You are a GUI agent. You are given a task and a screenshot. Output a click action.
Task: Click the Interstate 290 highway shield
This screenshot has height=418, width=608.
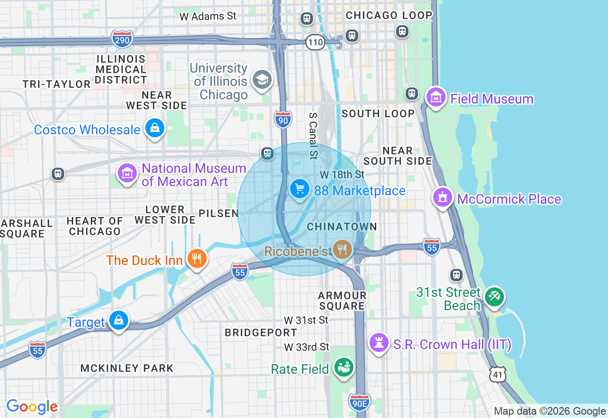point(122,40)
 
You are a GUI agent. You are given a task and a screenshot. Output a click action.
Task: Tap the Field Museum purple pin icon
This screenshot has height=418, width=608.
point(436,97)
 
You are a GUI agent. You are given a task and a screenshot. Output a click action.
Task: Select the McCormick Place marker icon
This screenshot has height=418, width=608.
point(443,197)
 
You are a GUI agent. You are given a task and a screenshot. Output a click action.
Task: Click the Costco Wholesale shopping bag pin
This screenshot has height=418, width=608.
point(154,128)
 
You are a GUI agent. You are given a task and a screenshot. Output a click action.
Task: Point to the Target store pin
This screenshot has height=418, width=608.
point(118,321)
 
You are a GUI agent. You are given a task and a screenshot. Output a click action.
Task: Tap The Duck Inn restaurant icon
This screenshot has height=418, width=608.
point(196,259)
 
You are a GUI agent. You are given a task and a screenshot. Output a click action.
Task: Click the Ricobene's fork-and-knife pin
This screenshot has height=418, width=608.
point(342,249)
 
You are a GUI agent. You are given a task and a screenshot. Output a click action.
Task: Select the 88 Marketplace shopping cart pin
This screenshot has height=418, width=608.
point(299,189)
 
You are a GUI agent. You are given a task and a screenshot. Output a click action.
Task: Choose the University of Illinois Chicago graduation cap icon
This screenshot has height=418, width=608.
point(262,79)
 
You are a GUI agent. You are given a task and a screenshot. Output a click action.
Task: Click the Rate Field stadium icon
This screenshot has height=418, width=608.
point(344,368)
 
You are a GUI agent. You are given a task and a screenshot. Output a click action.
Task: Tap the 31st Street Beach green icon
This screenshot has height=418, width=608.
point(494,297)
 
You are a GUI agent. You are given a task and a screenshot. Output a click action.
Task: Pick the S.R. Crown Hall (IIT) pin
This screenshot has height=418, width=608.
point(379,342)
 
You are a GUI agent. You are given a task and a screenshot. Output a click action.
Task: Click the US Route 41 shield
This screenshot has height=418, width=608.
point(497,375)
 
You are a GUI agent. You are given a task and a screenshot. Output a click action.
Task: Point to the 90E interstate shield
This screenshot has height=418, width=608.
point(359,403)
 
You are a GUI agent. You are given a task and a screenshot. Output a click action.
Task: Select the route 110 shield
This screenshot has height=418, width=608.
point(315,43)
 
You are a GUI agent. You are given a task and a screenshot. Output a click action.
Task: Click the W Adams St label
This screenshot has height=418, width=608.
point(208,16)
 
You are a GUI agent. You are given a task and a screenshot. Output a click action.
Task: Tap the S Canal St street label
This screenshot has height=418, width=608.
point(313,136)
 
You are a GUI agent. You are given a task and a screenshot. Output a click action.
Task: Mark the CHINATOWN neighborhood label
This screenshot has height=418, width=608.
point(342,227)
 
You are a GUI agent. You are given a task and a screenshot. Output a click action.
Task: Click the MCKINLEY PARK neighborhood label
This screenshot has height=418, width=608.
point(127,368)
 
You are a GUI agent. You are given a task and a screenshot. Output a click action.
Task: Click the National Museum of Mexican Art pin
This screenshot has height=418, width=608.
point(127,174)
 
